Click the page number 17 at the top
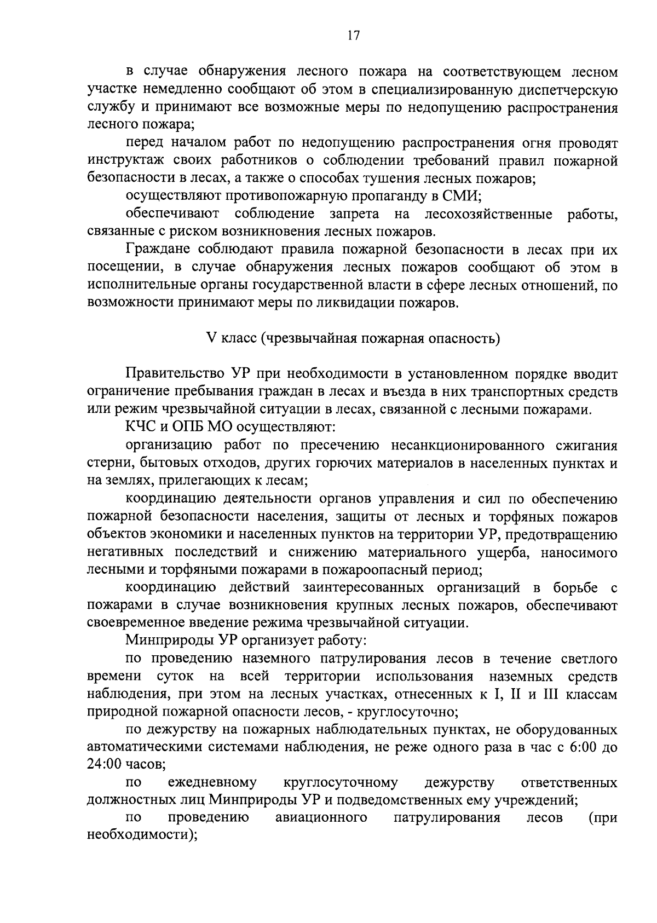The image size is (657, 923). [x=353, y=36]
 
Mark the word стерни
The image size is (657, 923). [x=106, y=463]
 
